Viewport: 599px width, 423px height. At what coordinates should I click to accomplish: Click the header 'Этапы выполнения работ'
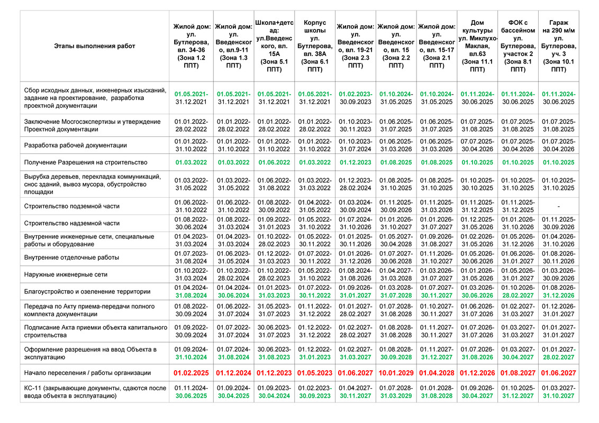(94, 46)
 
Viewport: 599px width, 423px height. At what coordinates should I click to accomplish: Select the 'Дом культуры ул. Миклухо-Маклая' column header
(477, 46)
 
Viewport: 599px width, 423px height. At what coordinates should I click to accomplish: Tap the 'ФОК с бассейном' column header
(518, 46)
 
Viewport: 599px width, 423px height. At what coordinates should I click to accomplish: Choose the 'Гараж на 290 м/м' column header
(559, 46)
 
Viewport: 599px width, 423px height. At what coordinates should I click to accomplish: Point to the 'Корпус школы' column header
(315, 46)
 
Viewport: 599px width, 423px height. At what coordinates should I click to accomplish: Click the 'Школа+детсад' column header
(274, 46)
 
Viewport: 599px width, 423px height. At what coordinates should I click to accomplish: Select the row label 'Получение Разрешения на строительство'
(86, 162)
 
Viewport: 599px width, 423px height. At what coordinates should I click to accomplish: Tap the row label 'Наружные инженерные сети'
(66, 274)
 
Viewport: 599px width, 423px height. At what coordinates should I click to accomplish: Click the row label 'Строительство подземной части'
(72, 206)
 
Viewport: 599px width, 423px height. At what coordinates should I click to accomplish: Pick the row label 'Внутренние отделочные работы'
(71, 258)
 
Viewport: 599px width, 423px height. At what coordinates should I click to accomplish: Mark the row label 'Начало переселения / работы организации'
(88, 373)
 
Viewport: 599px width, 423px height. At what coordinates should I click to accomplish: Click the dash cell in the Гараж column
(559, 206)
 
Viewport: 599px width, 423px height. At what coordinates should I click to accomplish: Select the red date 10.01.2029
(396, 373)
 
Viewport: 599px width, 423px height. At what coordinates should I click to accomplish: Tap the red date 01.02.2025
(193, 373)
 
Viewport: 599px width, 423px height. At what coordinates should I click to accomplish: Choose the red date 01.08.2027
(518, 373)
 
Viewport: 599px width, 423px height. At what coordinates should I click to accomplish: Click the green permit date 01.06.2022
(274, 162)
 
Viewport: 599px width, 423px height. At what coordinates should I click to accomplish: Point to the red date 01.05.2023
(315, 373)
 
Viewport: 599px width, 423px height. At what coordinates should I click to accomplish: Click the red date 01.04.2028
(437, 373)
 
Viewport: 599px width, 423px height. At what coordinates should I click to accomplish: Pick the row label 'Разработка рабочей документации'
(76, 145)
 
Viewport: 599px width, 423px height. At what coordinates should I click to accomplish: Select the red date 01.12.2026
(477, 373)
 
